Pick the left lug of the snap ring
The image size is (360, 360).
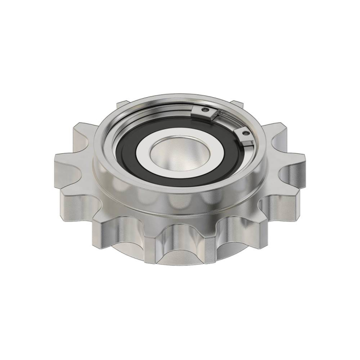202,112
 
